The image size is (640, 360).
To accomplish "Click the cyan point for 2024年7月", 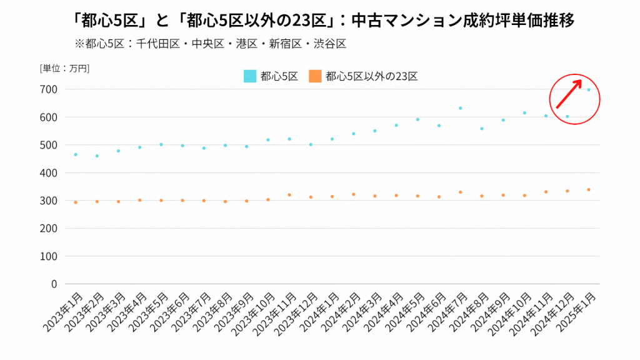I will click(x=460, y=108).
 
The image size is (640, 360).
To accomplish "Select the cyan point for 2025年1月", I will click(x=589, y=90).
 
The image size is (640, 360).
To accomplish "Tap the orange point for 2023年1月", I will click(x=76, y=202).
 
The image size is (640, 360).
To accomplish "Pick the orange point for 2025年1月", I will click(x=589, y=189).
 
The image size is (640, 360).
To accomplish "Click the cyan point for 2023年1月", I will click(x=76, y=154).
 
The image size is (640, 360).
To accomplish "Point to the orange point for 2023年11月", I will click(x=289, y=195).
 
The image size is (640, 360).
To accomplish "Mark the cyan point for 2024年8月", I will click(x=482, y=129).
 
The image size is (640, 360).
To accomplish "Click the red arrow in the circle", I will click(x=569, y=94).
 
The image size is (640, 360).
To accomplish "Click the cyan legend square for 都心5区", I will click(x=249, y=76).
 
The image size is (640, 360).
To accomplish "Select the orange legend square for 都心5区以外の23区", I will click(x=315, y=76).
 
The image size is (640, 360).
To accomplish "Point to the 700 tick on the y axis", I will click(x=50, y=89).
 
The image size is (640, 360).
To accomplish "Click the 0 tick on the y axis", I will click(x=54, y=284).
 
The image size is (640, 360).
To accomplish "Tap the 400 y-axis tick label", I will click(x=50, y=172).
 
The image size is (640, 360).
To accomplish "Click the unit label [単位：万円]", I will click(x=64, y=68).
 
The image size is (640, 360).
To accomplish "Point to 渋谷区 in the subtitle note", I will click(x=331, y=44).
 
